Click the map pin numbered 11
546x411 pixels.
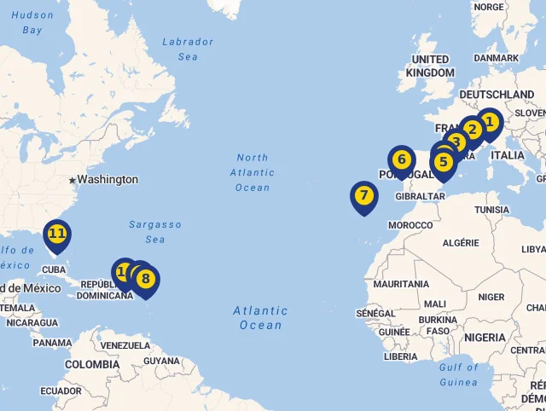56,234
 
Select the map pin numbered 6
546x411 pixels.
401,159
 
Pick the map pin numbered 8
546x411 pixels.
146,279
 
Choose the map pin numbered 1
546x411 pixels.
489,123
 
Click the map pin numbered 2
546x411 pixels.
472,130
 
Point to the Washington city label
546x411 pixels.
107,180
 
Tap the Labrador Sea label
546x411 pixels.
188,49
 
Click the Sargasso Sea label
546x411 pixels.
155,232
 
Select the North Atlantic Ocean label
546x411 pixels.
253,172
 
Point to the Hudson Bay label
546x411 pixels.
32,22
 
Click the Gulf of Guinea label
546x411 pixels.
459,375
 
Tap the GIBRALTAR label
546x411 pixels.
421,196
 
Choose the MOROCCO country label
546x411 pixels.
410,225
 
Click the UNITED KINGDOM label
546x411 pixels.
430,66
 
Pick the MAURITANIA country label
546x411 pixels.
400,284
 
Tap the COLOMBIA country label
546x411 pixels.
92,364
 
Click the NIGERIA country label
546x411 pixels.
485,338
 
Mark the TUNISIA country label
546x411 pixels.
491,210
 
